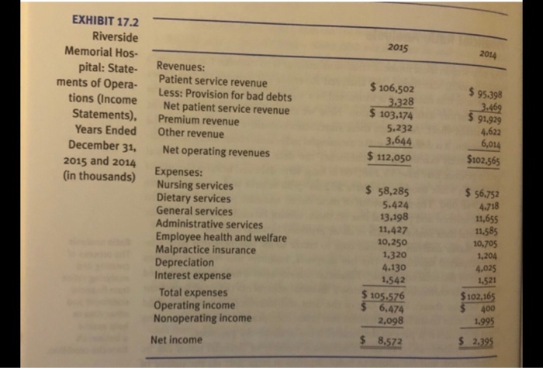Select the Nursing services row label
(195, 186)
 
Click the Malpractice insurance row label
(206, 251)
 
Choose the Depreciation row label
(189, 263)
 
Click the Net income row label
(176, 339)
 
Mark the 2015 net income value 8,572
(393, 339)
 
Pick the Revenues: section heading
(182, 68)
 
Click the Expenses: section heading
(181, 173)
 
